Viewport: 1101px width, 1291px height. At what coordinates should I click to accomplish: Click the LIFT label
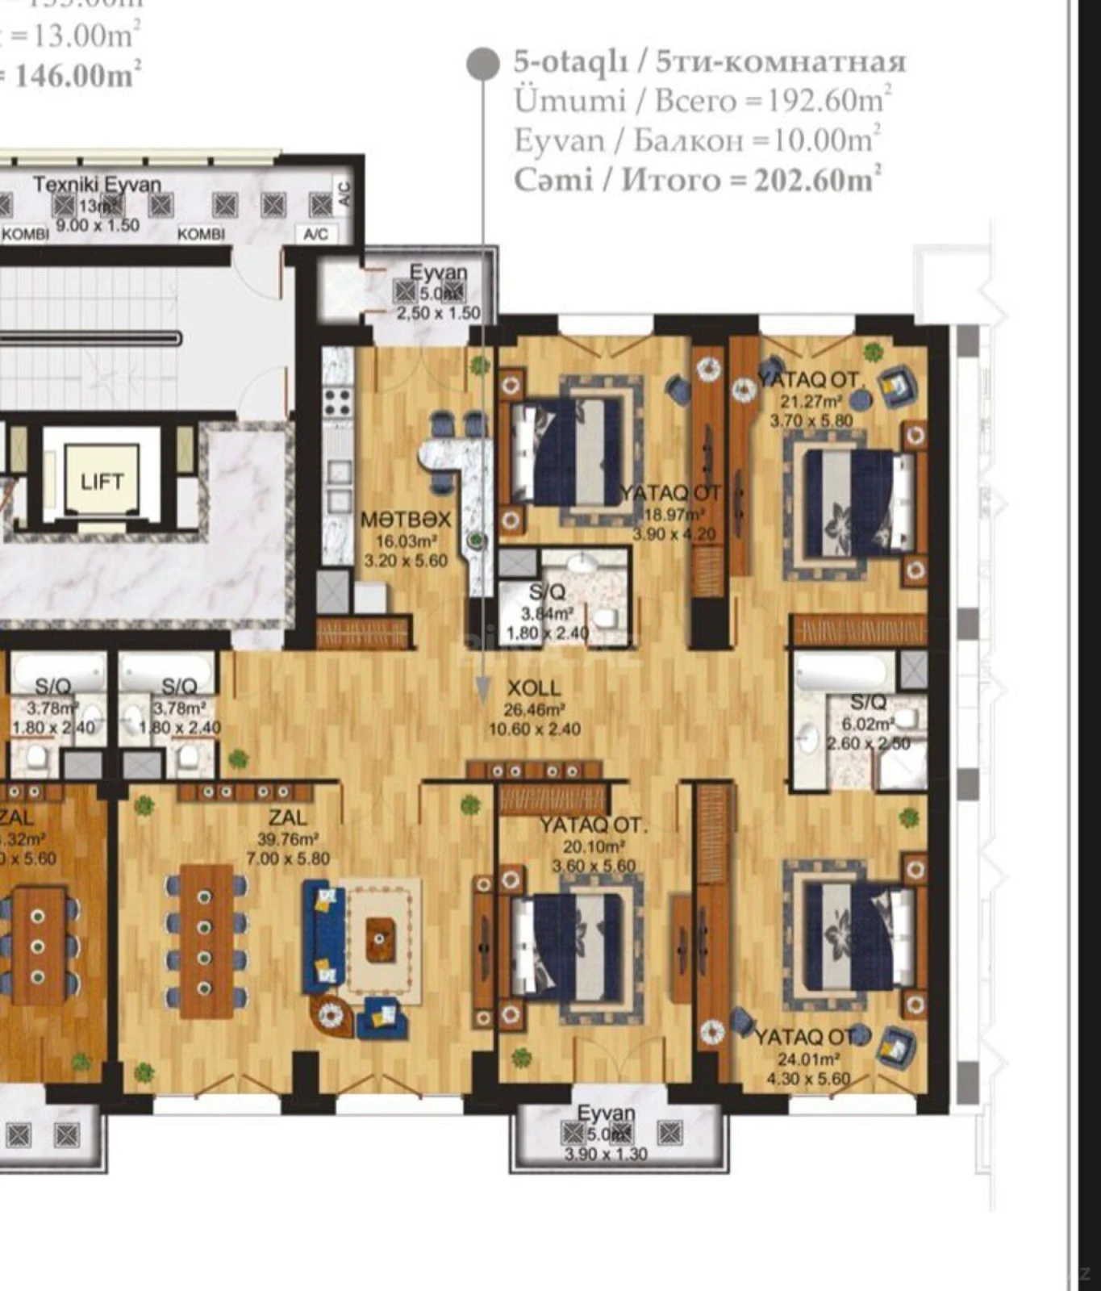point(102,482)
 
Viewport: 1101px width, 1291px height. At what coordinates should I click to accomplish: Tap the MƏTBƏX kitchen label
point(405,520)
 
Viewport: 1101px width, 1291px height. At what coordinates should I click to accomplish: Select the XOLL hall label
point(533,688)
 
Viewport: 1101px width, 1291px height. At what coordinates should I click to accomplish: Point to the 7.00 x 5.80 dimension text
point(288,859)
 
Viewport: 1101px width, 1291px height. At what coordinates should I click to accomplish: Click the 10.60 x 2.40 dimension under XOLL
point(534,729)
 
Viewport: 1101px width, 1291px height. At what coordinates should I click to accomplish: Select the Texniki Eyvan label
point(98,185)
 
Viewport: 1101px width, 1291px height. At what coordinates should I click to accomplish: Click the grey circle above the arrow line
point(483,64)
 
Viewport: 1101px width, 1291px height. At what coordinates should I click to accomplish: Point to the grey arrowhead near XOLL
point(483,690)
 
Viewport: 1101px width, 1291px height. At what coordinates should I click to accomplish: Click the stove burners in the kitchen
point(338,400)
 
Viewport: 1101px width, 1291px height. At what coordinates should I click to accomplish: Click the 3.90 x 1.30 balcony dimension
point(606,1154)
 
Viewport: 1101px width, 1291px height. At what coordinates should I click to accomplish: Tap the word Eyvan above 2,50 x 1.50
point(438,272)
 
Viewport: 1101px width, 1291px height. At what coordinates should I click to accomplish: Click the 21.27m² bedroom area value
point(811,400)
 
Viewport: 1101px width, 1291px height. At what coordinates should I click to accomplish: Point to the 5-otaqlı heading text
point(569,62)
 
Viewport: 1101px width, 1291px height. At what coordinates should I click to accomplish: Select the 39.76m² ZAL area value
point(287,838)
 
